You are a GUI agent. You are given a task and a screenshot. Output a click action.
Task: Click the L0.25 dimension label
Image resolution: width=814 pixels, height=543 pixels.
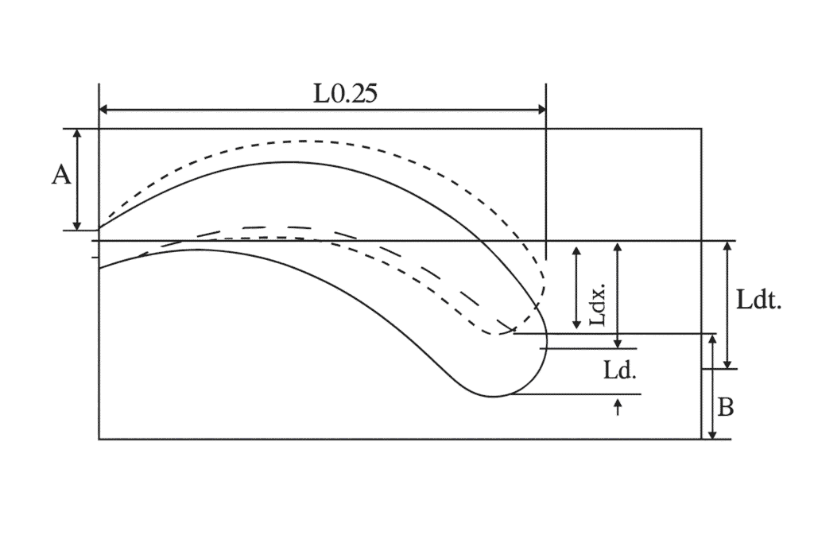[x=345, y=94]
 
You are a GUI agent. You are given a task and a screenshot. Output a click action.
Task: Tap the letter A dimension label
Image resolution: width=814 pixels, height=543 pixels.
[x=60, y=176]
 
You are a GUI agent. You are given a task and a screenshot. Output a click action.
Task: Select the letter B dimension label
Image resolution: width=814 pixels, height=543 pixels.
[x=725, y=408]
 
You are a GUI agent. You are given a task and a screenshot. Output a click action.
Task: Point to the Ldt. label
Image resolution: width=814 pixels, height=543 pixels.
[x=759, y=300]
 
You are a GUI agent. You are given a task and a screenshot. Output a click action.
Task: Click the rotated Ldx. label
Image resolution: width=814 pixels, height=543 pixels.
[x=599, y=304]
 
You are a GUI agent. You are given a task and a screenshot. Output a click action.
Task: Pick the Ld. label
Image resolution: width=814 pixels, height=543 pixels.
[x=620, y=370]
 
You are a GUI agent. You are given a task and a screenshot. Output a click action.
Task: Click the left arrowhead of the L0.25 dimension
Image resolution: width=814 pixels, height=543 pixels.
[x=103, y=109]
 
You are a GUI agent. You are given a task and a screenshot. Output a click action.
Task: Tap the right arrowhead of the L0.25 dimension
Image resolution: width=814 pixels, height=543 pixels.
[x=541, y=109]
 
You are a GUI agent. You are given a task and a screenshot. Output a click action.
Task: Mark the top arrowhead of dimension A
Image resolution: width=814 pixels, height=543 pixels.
[x=77, y=134]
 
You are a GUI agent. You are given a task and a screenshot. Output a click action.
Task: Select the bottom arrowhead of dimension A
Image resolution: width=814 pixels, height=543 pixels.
[x=77, y=225]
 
